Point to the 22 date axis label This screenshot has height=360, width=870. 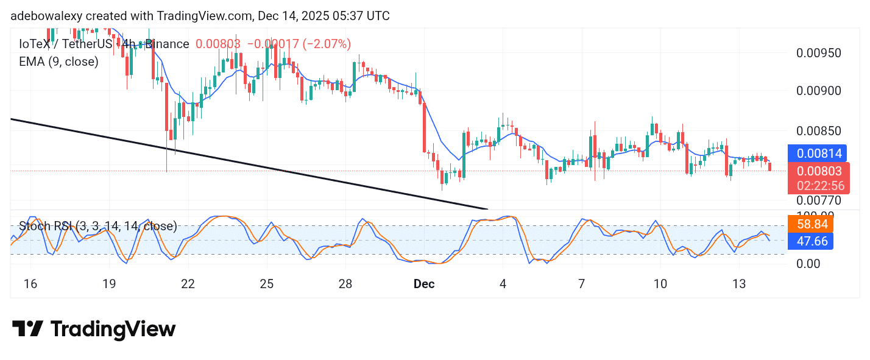pyautogui.click(x=188, y=284)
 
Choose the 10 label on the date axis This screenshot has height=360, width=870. pyautogui.click(x=660, y=284)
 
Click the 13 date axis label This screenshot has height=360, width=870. pyautogui.click(x=739, y=284)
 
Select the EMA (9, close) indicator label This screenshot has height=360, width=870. pyautogui.click(x=58, y=62)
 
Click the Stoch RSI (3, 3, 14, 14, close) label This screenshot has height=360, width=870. pyautogui.click(x=97, y=227)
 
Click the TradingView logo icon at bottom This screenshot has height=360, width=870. pyautogui.click(x=27, y=330)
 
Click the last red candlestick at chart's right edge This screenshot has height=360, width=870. pyautogui.click(x=770, y=166)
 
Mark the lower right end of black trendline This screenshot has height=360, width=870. pyautogui.click(x=487, y=208)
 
